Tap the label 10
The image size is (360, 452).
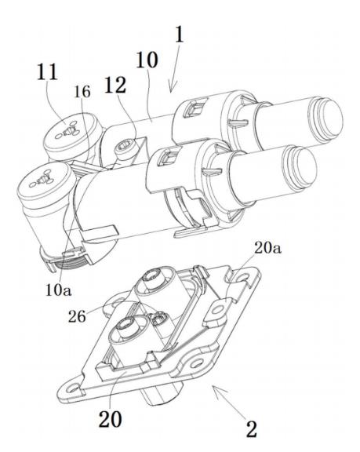(x=147, y=60)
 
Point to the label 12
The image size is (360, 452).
(x=115, y=85)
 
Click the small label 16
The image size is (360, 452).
(x=82, y=92)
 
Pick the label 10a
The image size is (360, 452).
(x=59, y=290)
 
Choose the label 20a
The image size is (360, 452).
(x=267, y=248)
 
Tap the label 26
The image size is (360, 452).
(x=77, y=316)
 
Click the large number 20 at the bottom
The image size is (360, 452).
(x=111, y=418)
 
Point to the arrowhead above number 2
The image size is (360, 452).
(x=218, y=391)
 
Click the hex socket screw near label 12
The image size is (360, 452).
(x=124, y=148)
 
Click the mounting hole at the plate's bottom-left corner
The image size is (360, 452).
(x=72, y=388)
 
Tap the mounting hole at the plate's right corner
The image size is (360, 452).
(x=198, y=363)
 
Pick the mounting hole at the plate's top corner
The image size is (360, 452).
(x=244, y=278)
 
